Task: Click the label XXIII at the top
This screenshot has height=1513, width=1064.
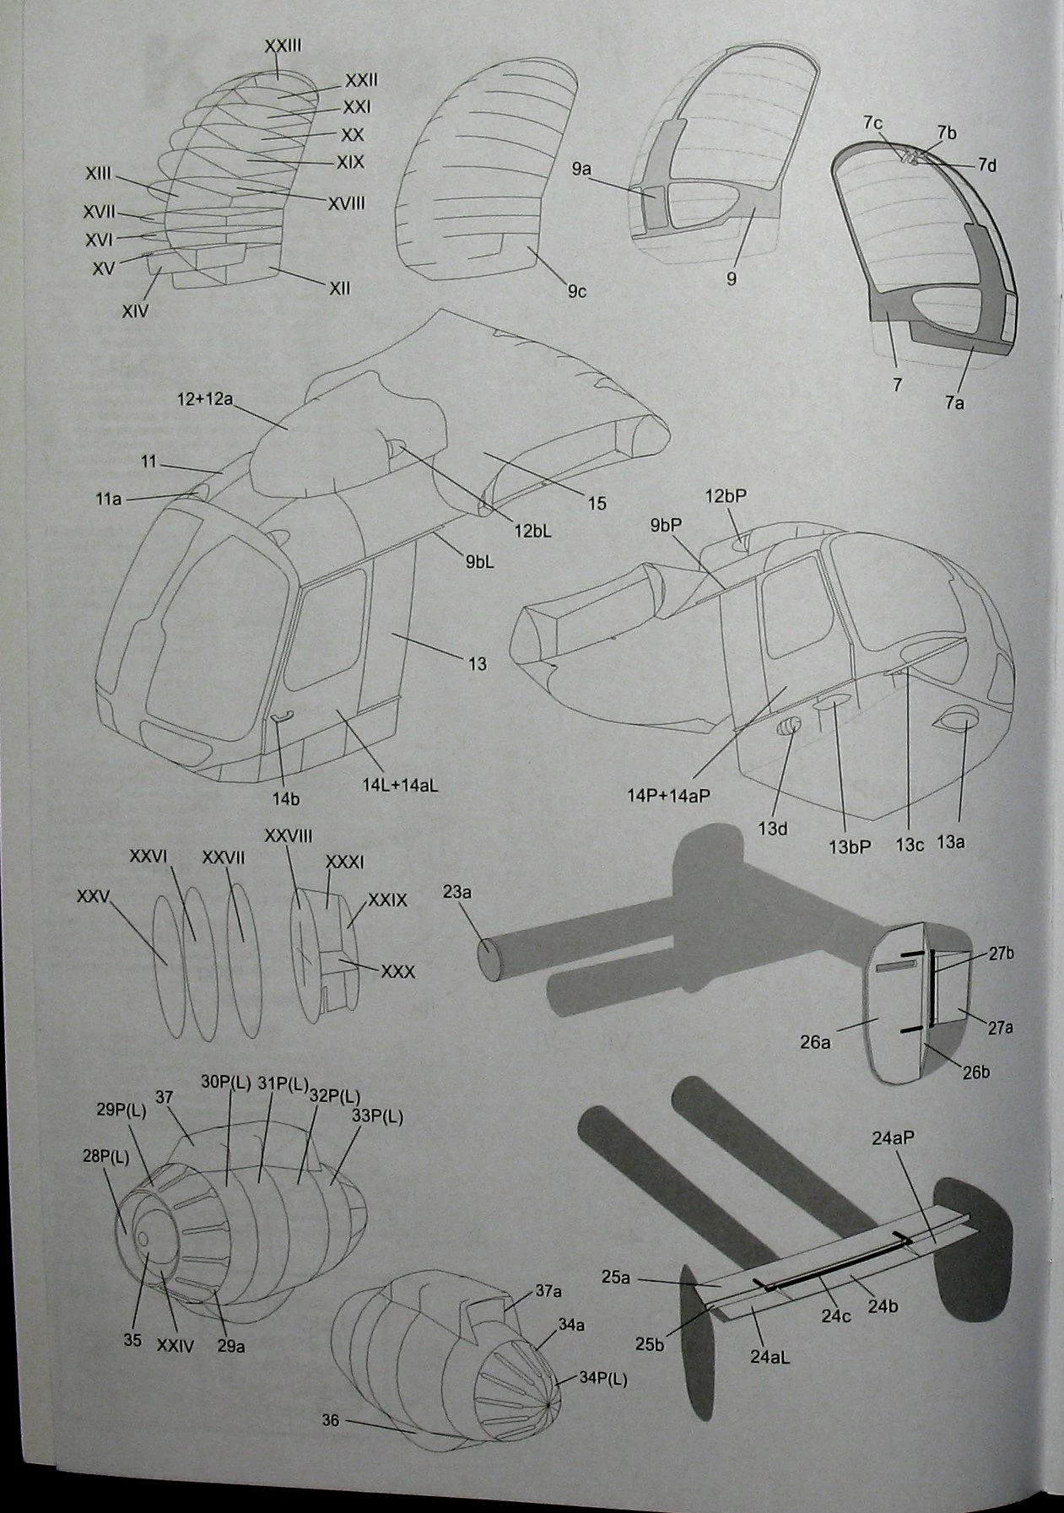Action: click(x=284, y=47)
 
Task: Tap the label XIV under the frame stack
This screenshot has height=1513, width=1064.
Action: click(x=135, y=311)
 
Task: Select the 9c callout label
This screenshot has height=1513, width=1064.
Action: click(x=577, y=292)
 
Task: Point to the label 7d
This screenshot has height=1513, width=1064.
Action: click(x=987, y=165)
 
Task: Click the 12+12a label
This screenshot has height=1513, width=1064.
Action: click(x=205, y=398)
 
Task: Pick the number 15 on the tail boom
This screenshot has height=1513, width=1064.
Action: click(x=597, y=504)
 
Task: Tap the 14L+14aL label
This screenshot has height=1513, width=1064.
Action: click(x=400, y=784)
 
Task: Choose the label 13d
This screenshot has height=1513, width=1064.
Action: click(x=772, y=829)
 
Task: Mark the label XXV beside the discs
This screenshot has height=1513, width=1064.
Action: click(x=94, y=896)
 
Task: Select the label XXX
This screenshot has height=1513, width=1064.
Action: click(x=398, y=972)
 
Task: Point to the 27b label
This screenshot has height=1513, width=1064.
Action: click(x=1002, y=954)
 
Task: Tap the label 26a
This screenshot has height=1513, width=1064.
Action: click(x=815, y=1043)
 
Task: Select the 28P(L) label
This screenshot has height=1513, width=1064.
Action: click(x=106, y=1157)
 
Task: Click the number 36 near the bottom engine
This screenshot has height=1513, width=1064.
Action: click(x=330, y=1421)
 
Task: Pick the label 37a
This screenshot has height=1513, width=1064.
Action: click(x=549, y=1292)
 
